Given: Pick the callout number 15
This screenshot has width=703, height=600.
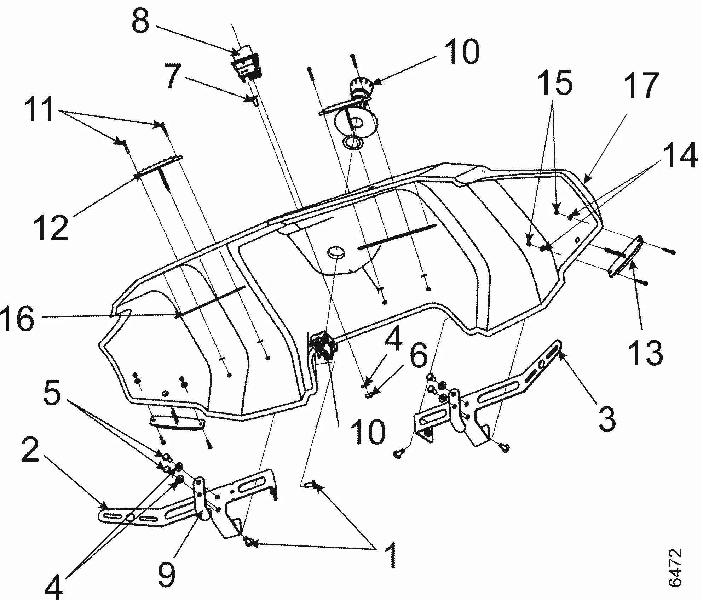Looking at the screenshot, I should click(555, 82).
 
